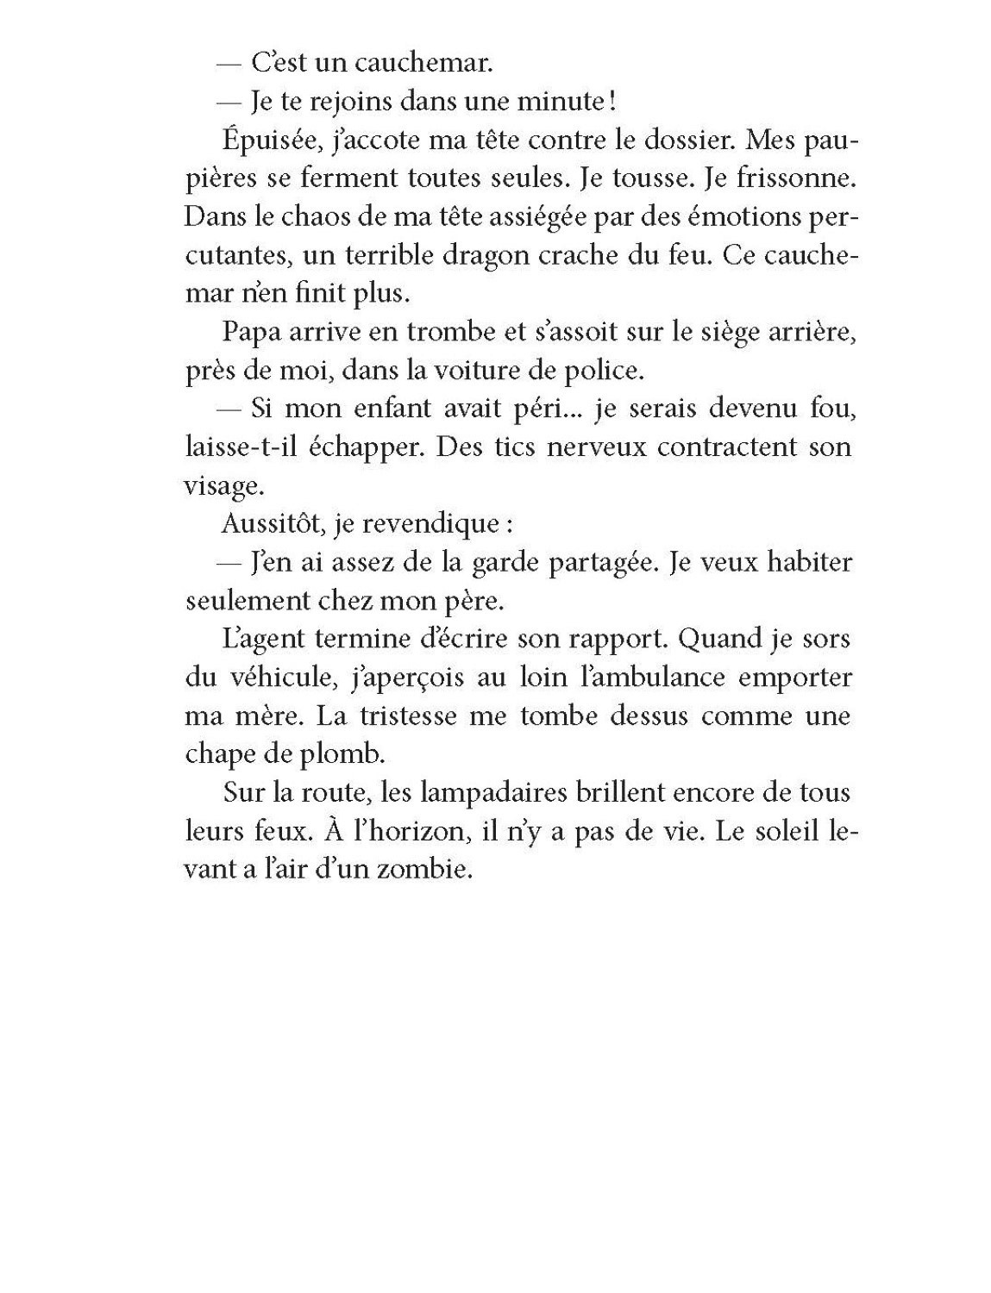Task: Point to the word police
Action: (x=607, y=371)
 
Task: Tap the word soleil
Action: (x=772, y=831)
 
